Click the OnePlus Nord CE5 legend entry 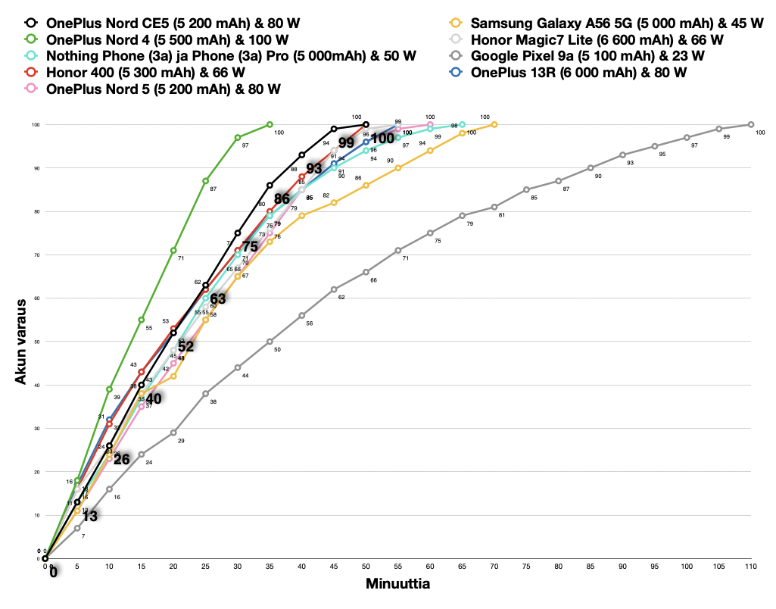(x=173, y=23)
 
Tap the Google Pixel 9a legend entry (x=587, y=56)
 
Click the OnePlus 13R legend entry (x=578, y=73)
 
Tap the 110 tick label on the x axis (x=751, y=566)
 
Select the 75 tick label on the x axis (x=526, y=566)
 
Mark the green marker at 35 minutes (x=270, y=124)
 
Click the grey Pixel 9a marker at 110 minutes (x=751, y=124)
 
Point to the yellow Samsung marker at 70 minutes (x=494, y=124)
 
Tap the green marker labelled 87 (x=206, y=181)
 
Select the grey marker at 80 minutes (x=559, y=181)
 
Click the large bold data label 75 (x=250, y=246)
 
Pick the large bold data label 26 (x=122, y=459)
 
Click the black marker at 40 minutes (x=302, y=155)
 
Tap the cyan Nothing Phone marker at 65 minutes (x=463, y=124)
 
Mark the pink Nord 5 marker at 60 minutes (x=430, y=124)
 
